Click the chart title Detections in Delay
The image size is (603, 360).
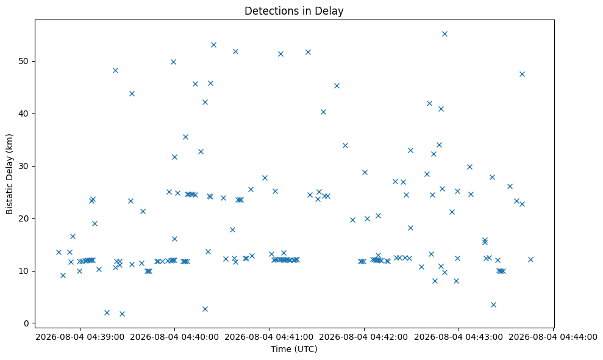pyautogui.click(x=294, y=11)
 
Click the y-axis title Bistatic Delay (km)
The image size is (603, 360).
pyautogui.click(x=10, y=174)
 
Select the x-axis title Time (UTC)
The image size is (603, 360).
pyautogui.click(x=294, y=349)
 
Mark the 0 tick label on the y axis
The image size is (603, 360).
pyautogui.click(x=27, y=323)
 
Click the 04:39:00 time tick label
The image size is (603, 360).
pyautogui.click(x=80, y=337)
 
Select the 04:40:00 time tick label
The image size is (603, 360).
pyautogui.click(x=174, y=337)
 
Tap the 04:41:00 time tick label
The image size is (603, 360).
pyautogui.click(x=269, y=337)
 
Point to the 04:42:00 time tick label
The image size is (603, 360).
pyautogui.click(x=364, y=337)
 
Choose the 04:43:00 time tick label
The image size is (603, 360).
pyautogui.click(x=458, y=337)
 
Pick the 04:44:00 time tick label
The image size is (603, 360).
pyautogui.click(x=553, y=337)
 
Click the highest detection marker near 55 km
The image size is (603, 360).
pyautogui.click(x=444, y=34)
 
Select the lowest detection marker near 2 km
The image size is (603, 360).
pyautogui.click(x=123, y=314)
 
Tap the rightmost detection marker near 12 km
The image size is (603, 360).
pyautogui.click(x=530, y=259)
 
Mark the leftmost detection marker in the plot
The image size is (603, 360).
pyautogui.click(x=59, y=252)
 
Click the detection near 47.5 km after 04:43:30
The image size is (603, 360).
pyautogui.click(x=522, y=74)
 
